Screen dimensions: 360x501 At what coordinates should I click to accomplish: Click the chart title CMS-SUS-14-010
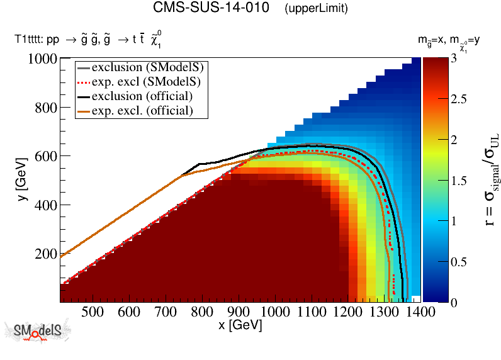click(x=215, y=9)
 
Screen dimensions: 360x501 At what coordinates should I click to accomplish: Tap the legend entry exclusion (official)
click(x=142, y=96)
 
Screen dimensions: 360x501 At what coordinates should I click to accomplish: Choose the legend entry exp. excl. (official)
click(x=142, y=111)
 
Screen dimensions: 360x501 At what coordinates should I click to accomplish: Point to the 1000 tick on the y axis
click(x=43, y=59)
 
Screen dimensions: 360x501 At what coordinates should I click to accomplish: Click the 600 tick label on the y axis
click(x=46, y=156)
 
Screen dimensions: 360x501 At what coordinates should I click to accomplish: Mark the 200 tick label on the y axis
click(x=46, y=254)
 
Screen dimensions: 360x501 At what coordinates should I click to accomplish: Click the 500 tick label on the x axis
click(x=93, y=312)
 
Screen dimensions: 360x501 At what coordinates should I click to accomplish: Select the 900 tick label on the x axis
click(x=238, y=312)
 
